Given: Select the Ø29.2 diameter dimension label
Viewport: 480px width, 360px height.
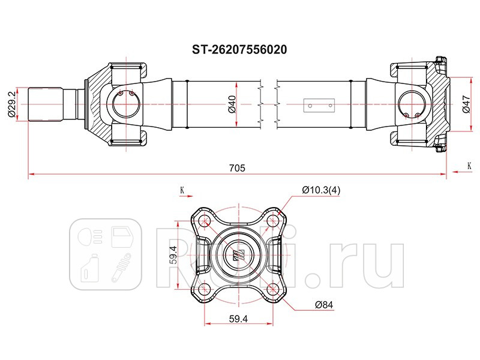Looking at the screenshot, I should (11, 104).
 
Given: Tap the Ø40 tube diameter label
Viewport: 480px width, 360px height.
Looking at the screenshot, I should (232, 104).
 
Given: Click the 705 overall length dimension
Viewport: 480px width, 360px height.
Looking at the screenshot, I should (238, 169).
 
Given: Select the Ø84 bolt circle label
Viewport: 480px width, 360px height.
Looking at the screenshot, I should (323, 305).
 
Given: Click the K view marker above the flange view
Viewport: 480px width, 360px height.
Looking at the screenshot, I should (182, 191).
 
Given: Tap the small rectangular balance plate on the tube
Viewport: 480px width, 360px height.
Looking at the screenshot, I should (318, 104).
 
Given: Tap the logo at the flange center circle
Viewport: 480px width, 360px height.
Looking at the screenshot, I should (238, 254).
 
